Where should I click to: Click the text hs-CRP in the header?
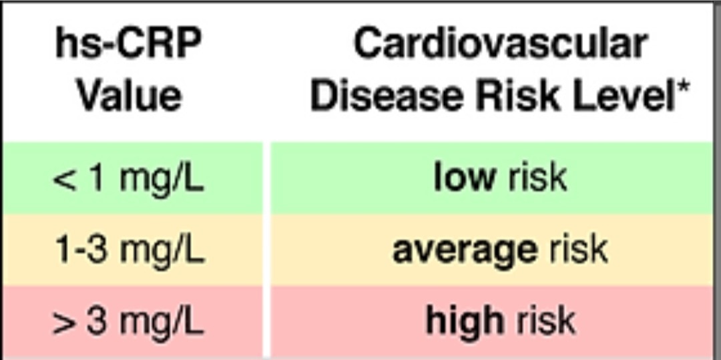click(x=129, y=45)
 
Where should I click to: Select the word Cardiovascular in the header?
click(x=500, y=45)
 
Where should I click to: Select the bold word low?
click(x=465, y=178)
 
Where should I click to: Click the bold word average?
click(x=465, y=250)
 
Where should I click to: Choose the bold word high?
click(x=465, y=321)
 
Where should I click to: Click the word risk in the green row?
click(x=537, y=178)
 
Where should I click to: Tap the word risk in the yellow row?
click(x=578, y=250)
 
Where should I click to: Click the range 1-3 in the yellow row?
click(x=82, y=250)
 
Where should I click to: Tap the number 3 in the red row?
click(x=97, y=321)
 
